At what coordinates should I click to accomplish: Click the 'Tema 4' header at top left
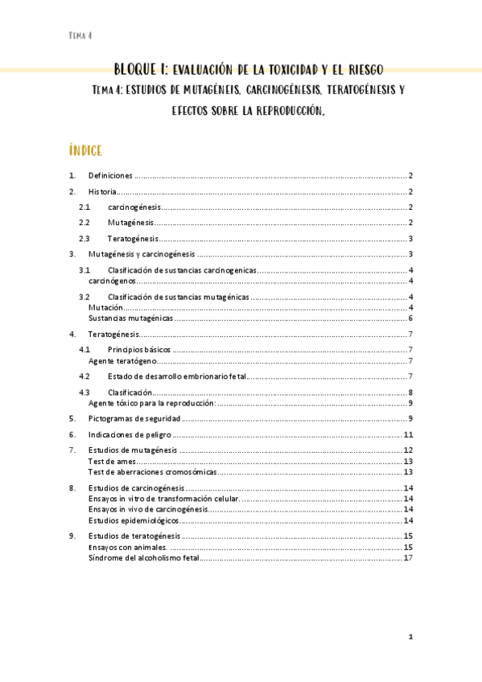click(80, 35)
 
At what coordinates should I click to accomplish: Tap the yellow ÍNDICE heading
click(85, 150)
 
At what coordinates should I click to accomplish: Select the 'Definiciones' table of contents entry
click(110, 175)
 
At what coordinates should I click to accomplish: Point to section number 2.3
click(84, 239)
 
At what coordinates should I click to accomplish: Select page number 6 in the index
click(410, 318)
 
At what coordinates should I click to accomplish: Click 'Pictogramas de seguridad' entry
click(134, 418)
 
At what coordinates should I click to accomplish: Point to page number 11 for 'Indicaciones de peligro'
click(408, 434)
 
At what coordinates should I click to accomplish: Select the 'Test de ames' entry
click(111, 462)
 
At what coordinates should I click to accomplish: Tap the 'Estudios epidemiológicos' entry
click(133, 520)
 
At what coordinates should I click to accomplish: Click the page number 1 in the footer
click(410, 637)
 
